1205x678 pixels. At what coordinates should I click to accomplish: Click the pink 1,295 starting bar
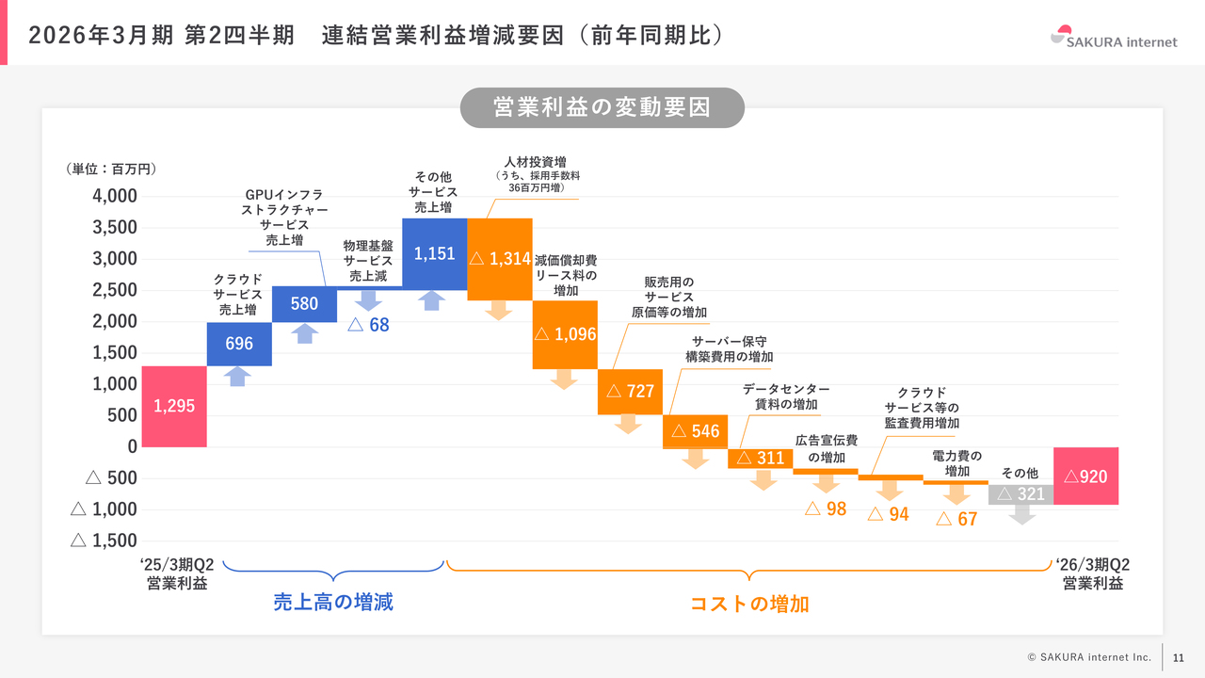[x=174, y=406]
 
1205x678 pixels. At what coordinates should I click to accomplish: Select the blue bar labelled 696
[x=239, y=344]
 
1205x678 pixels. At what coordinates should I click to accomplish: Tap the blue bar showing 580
[x=304, y=304]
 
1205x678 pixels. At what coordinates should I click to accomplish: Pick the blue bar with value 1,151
[x=434, y=253]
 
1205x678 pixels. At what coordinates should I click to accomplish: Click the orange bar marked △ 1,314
[x=500, y=259]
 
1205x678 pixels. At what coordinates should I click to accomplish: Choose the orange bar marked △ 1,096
[x=565, y=334]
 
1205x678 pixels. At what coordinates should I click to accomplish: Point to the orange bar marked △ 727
[x=630, y=392]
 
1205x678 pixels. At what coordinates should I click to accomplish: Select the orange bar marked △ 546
[x=695, y=431]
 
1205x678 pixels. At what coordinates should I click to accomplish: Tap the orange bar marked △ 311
[x=760, y=459]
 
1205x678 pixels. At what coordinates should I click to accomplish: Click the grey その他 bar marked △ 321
[x=1020, y=494]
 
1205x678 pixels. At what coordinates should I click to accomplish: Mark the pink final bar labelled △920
[x=1085, y=476]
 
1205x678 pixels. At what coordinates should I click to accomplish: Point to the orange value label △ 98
[x=825, y=509]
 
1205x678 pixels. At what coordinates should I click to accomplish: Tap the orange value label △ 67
[x=956, y=519]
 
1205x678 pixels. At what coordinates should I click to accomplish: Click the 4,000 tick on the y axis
[x=115, y=196]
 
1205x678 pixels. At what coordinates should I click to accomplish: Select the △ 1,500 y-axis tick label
[x=104, y=541]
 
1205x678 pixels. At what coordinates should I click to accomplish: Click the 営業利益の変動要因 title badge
[x=602, y=107]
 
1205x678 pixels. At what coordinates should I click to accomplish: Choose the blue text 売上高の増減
[x=333, y=602]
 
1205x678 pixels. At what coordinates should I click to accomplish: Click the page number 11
[x=1179, y=657]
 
